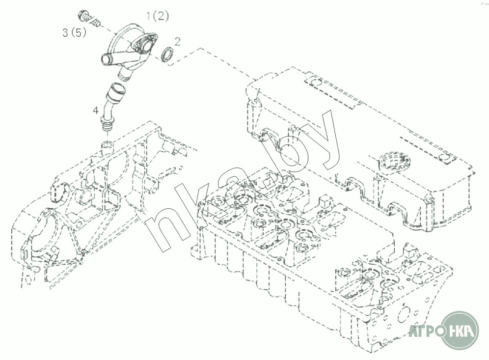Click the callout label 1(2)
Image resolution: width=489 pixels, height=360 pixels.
click(x=158, y=16)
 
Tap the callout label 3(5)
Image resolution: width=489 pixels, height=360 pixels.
click(x=74, y=32)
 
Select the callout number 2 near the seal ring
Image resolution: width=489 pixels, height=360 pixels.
click(x=177, y=41)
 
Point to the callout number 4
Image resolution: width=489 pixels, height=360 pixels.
click(x=96, y=110)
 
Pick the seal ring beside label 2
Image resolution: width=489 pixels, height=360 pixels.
click(x=167, y=54)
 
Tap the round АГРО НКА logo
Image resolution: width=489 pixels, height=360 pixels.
click(x=460, y=330)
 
